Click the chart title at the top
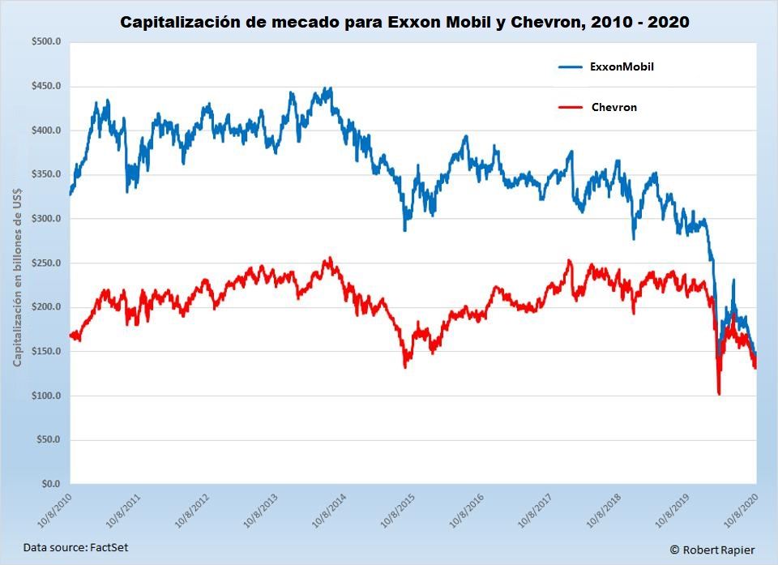[x=404, y=22]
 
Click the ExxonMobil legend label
[x=622, y=67]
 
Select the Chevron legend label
[x=613, y=107]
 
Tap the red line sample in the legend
[x=571, y=107]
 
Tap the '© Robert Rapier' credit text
[x=712, y=550]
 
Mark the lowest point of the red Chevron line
[x=719, y=394]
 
